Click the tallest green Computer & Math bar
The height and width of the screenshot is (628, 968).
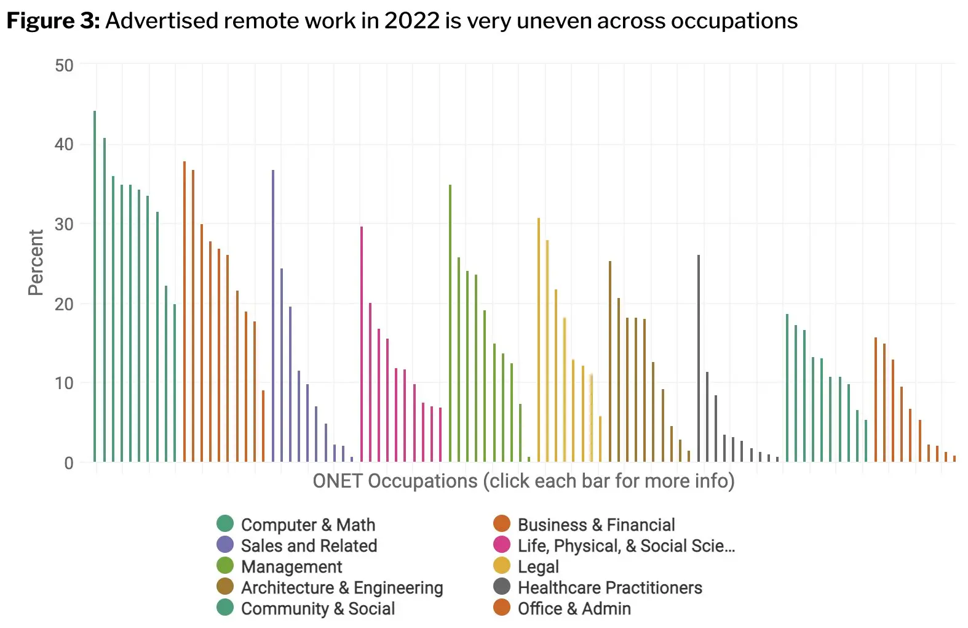tap(95, 286)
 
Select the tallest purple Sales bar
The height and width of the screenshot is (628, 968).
tap(273, 316)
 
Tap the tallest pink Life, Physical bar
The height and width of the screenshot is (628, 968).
tap(362, 344)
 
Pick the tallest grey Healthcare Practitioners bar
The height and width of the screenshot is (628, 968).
tap(699, 358)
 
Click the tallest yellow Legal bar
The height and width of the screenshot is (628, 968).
tap(539, 340)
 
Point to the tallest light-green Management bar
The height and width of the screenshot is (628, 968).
tap(450, 323)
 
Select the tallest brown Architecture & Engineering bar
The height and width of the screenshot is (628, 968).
tap(610, 361)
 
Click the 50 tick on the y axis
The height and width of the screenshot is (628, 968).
tap(64, 65)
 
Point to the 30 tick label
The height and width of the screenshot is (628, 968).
tap(64, 224)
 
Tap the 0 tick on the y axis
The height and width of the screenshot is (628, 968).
tap(69, 463)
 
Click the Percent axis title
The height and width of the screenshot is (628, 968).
tap(36, 262)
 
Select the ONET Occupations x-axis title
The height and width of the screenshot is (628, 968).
tap(523, 481)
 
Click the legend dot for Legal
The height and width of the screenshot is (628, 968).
tap(502, 566)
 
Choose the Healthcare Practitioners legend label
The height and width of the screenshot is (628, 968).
tap(609, 587)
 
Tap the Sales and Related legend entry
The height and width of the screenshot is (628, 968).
tap(309, 545)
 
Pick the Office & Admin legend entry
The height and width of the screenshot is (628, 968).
tap(574, 608)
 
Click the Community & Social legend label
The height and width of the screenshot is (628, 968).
tap(318, 608)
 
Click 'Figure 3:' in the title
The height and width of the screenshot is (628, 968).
tap(53, 21)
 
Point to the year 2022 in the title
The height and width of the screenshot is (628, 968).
tap(411, 21)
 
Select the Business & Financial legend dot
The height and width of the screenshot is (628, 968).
tap(502, 524)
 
